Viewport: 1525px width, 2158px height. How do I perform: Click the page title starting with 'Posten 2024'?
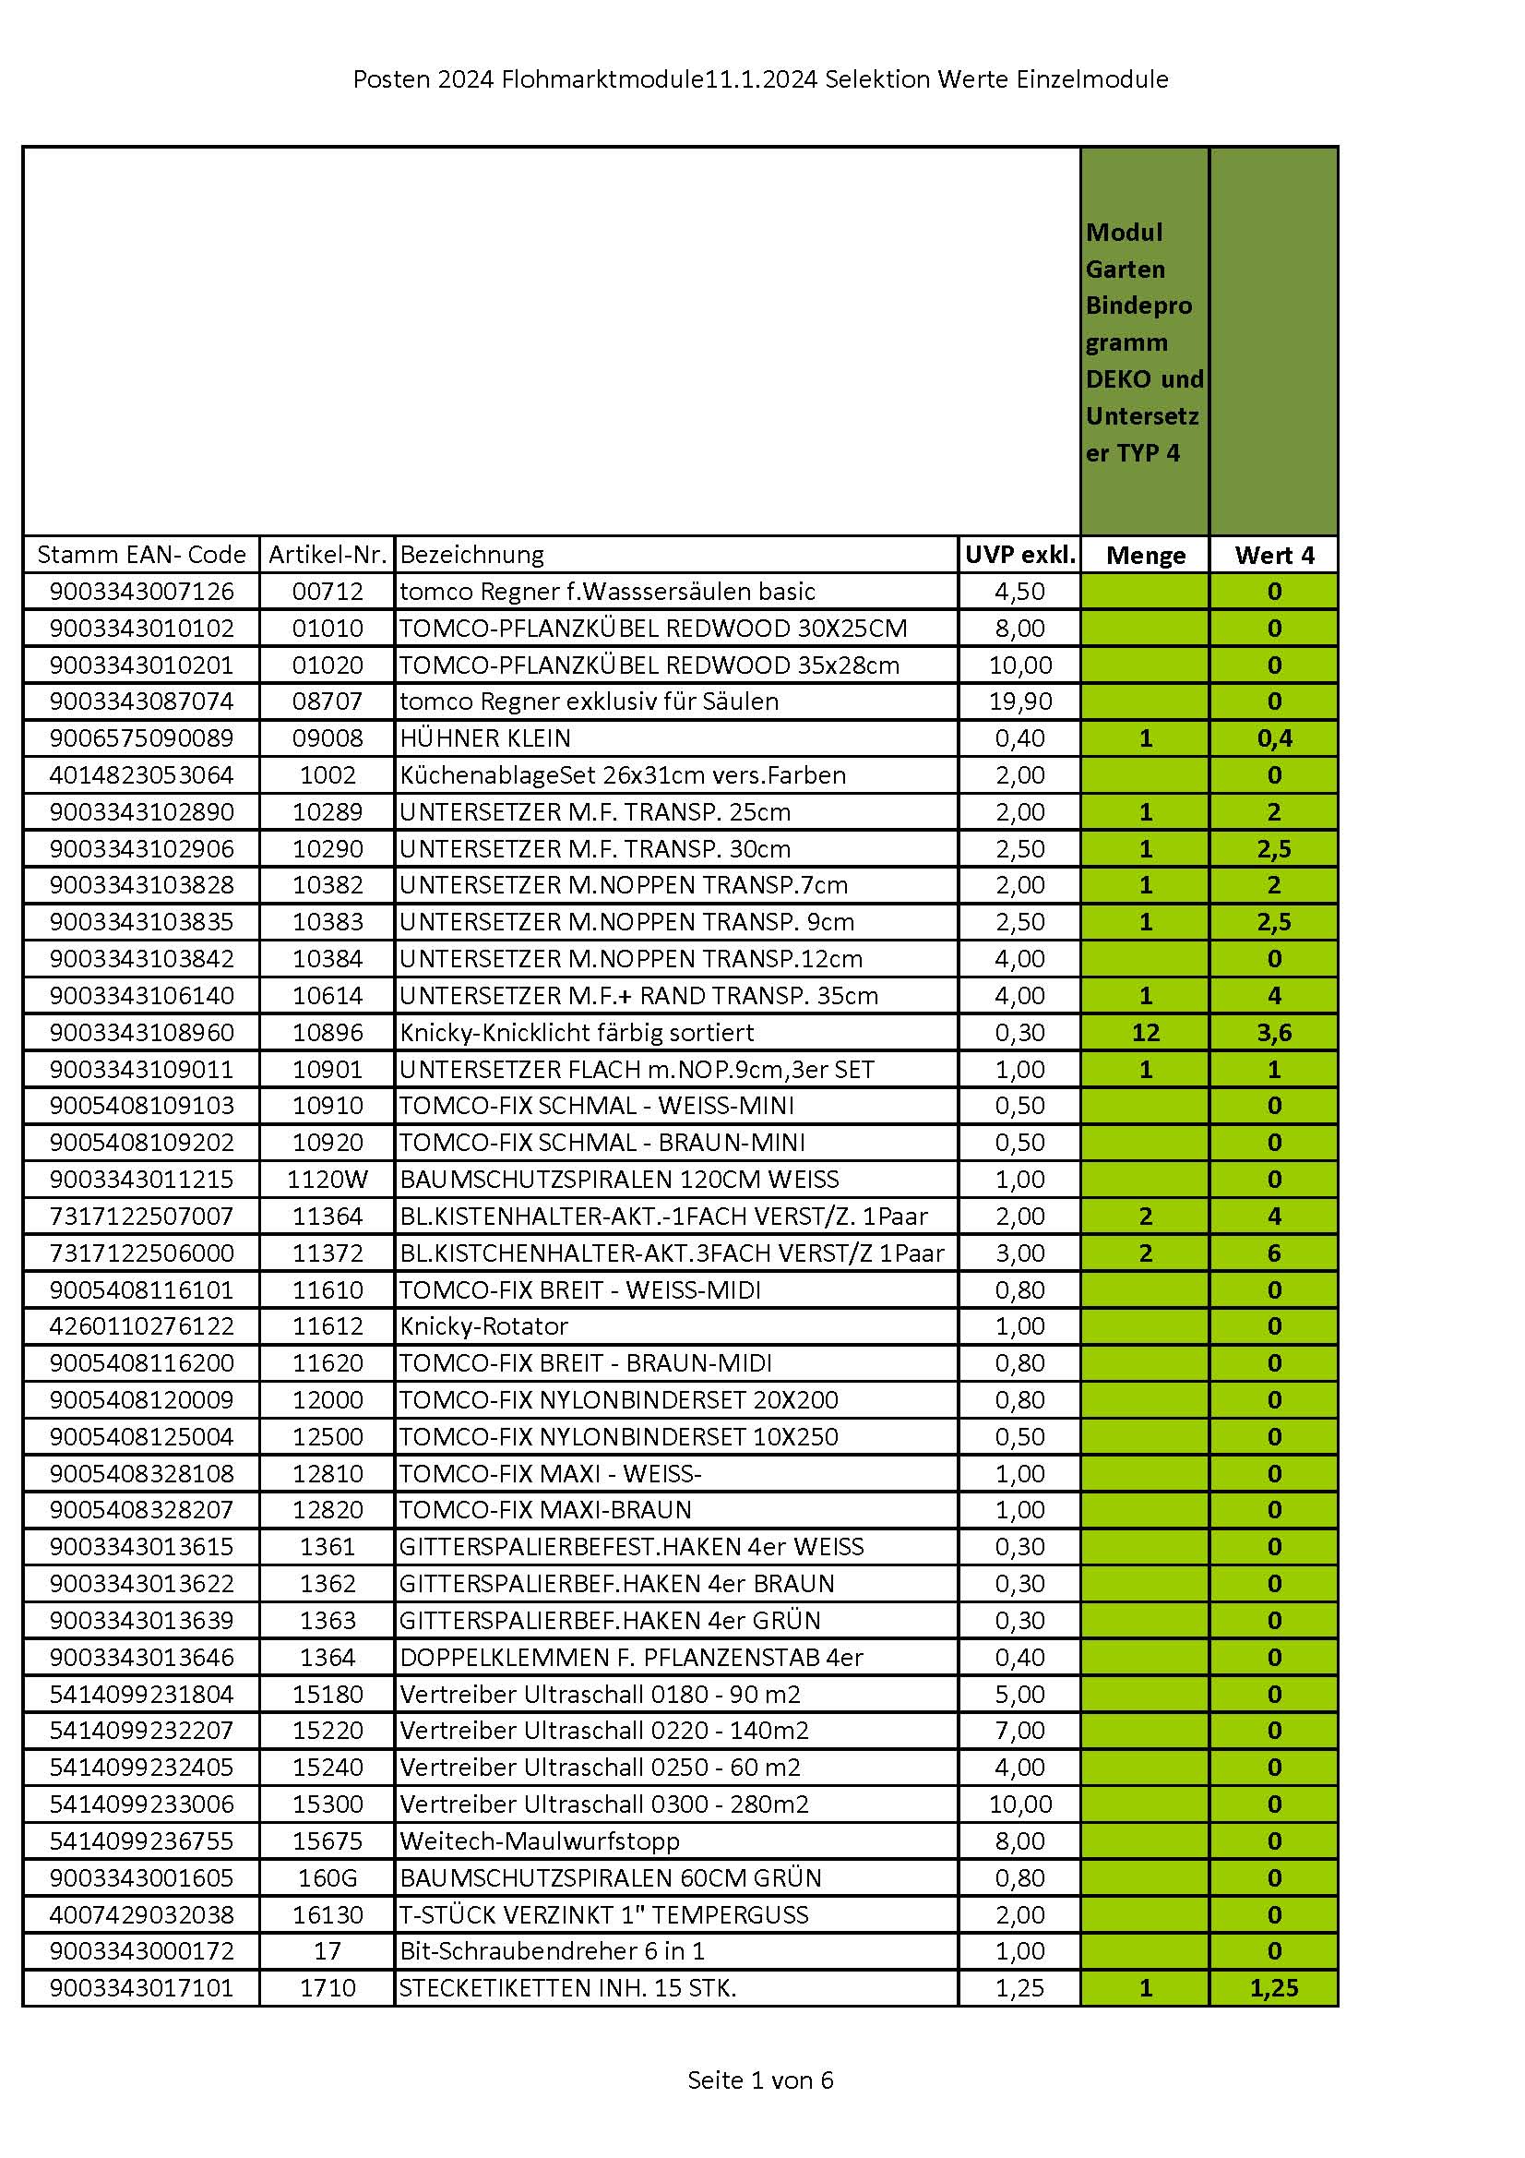coord(760,79)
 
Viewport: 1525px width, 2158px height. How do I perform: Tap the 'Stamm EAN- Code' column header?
coord(141,555)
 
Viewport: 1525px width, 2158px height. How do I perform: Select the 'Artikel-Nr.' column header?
coord(327,555)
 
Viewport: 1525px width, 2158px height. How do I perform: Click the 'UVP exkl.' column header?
coord(1019,555)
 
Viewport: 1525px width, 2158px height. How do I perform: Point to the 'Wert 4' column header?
coord(1274,555)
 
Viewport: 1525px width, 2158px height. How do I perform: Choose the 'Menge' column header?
coord(1146,555)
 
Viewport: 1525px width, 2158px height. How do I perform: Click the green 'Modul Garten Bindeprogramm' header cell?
coord(1145,342)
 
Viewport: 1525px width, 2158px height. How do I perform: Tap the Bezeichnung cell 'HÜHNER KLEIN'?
coord(485,737)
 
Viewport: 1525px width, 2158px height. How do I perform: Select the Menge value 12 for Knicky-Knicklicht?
coord(1146,1032)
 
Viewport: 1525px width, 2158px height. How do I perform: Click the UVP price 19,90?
coord(1019,701)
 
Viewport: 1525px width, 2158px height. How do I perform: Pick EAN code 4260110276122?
coord(141,1326)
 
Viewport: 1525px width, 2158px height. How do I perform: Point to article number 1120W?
coord(327,1179)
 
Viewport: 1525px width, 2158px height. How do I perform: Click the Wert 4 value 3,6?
coord(1274,1032)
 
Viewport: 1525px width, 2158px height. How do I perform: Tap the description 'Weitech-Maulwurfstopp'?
coord(540,1840)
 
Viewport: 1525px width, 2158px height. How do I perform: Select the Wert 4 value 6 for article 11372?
coord(1274,1253)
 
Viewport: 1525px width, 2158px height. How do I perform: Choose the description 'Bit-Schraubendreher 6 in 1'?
coord(553,1951)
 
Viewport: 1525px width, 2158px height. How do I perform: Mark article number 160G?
coord(327,1878)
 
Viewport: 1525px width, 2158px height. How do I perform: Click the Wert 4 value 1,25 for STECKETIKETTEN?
coord(1274,1988)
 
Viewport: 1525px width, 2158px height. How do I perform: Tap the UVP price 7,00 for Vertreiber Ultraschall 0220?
coord(1019,1731)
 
